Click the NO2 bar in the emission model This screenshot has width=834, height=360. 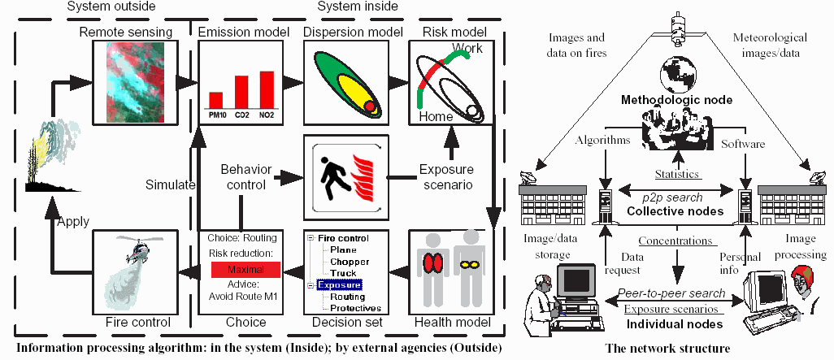[266, 89]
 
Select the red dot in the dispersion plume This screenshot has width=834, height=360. [371, 106]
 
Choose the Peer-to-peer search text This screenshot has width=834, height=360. [671, 293]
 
